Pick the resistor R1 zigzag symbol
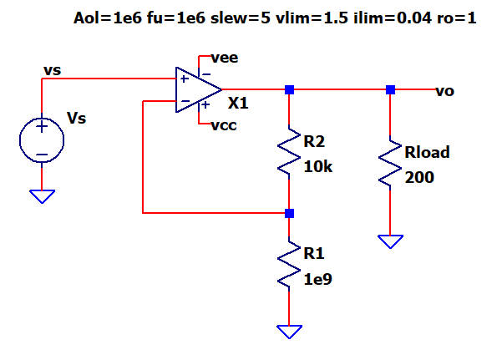289,265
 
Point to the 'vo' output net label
444,90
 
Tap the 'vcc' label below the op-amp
225,127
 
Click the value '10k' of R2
317,166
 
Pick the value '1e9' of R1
317,280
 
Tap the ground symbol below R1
289,332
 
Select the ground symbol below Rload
389,241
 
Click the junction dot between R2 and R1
289,213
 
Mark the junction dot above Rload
389,89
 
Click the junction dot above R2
289,89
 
